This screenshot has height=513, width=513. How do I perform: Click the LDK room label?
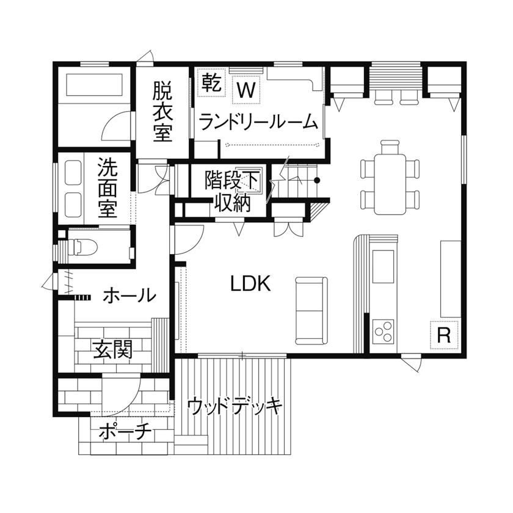[250, 283]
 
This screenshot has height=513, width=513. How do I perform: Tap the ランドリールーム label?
[259, 122]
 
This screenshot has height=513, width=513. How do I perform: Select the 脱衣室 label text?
[162, 112]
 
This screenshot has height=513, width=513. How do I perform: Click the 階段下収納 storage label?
[232, 191]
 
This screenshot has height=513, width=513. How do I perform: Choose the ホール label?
[129, 296]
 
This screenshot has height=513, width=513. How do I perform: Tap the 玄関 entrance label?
[112, 350]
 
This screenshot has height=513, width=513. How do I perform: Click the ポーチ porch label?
[125, 432]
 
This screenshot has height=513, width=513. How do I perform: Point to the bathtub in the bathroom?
[95, 85]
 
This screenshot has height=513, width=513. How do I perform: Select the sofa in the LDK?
[311, 310]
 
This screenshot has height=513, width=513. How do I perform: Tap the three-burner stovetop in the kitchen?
[384, 333]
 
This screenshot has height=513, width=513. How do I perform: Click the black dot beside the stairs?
[317, 180]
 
